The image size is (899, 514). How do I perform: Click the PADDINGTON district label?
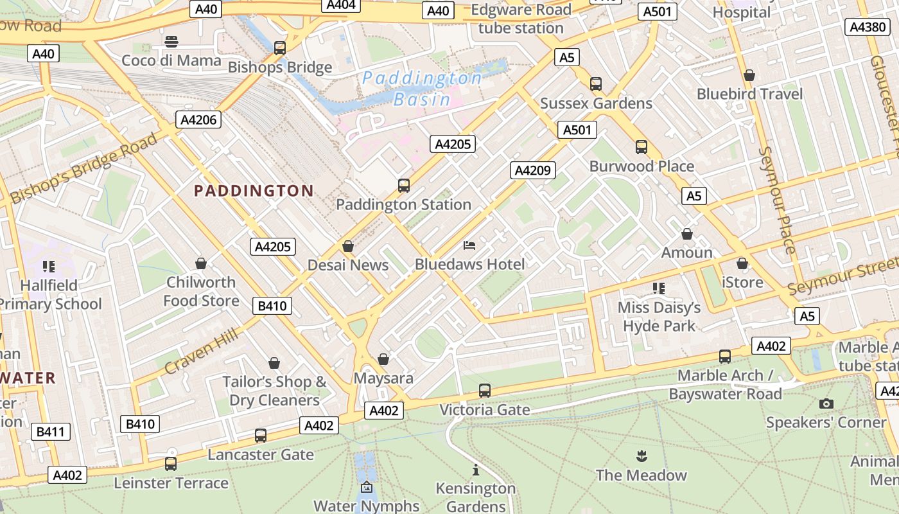pos(254,191)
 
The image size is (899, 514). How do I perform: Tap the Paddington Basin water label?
pos(421,89)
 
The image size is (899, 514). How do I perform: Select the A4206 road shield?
pos(199,120)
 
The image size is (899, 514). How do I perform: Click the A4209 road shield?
pos(533,170)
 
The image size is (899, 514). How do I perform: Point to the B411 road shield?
pos(50,432)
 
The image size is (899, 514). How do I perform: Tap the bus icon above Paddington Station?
pos(403,186)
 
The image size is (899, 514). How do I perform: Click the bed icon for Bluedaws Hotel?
pos(469,245)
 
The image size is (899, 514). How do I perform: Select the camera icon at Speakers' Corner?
pos(826,403)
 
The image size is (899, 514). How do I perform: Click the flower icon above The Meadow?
pos(640,457)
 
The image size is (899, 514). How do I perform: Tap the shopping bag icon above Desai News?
pos(348,246)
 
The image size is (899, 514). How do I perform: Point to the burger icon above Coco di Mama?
pos(171,42)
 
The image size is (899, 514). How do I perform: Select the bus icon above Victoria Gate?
pos(485,391)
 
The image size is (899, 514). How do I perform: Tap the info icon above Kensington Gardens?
pos(475,470)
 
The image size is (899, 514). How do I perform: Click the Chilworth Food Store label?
pos(201,291)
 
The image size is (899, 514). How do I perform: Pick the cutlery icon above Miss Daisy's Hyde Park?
pos(658,288)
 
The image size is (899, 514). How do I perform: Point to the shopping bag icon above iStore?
pos(742,263)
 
